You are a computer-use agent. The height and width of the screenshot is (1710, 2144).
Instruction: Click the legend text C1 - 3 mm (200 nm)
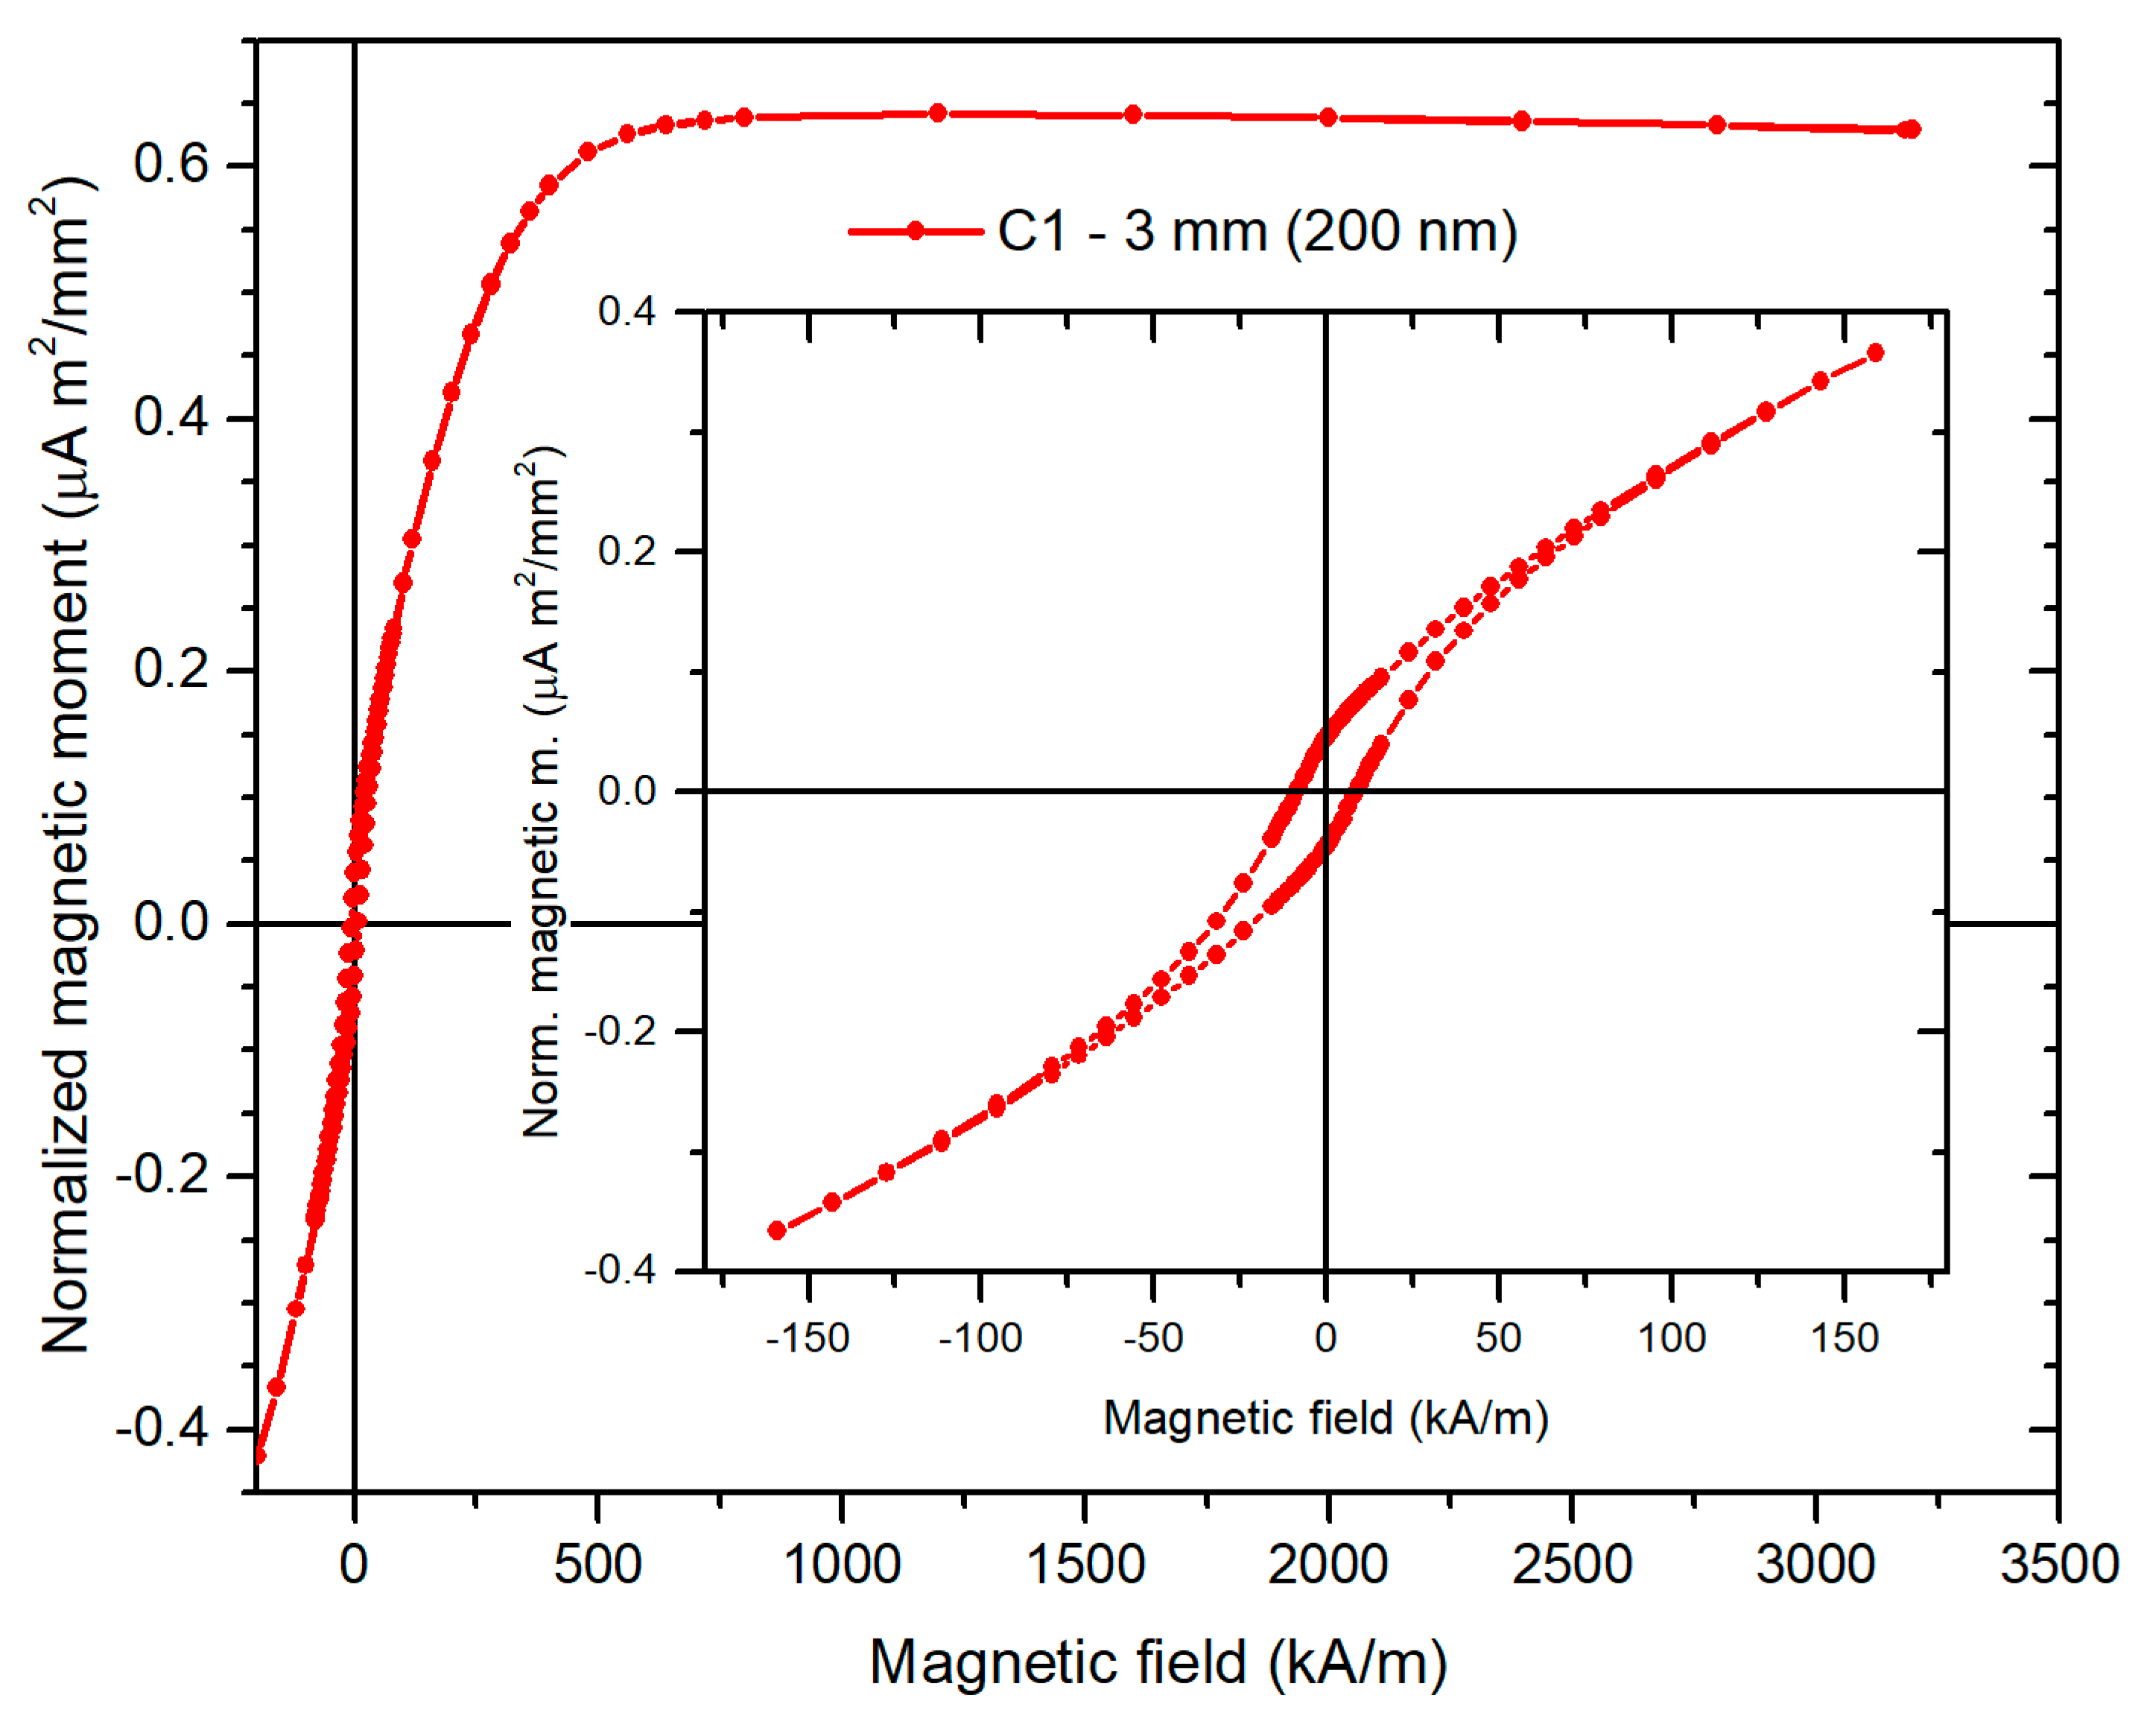click(x=1257, y=232)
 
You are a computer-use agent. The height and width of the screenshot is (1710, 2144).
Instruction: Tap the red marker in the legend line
click(x=915, y=232)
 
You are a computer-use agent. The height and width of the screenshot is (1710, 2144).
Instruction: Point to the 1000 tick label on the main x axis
click(x=841, y=1565)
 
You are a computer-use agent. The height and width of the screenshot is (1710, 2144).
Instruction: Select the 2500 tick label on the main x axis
click(x=1571, y=1565)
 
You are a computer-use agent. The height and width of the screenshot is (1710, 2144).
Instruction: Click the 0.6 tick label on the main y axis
click(x=172, y=162)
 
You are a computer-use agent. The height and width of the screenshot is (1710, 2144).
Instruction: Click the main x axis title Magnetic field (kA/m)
click(x=1158, y=1662)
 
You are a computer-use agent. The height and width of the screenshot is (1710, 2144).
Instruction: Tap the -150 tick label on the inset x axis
click(x=808, y=1338)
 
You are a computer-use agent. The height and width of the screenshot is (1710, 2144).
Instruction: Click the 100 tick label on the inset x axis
click(x=1672, y=1338)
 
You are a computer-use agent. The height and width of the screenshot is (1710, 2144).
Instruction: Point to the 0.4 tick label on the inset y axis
click(x=627, y=311)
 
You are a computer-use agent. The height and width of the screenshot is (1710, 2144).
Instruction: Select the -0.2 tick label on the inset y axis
click(x=621, y=1030)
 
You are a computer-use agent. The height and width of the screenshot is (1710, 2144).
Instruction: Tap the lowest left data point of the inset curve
click(x=778, y=1230)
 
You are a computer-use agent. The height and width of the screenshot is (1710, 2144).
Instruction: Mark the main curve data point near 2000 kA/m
click(x=1328, y=118)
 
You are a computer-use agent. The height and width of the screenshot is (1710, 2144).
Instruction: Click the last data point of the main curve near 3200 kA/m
click(x=1910, y=130)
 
